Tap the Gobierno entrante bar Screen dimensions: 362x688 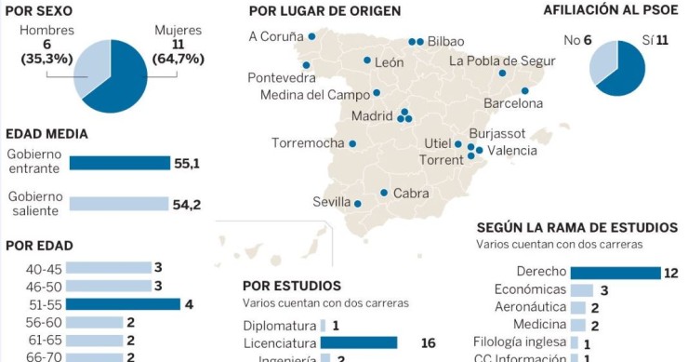(x=119, y=163)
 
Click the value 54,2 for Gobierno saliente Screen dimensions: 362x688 (x=187, y=204)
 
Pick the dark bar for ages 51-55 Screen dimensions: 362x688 (x=125, y=304)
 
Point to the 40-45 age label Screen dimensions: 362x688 (x=45, y=268)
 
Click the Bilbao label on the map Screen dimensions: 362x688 (x=445, y=42)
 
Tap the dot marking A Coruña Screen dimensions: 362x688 (x=312, y=37)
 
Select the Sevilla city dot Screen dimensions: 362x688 (x=358, y=203)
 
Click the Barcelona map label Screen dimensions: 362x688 (x=513, y=103)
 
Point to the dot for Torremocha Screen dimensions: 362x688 (x=352, y=144)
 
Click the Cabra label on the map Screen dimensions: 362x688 (x=411, y=194)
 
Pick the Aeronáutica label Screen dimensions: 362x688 (x=530, y=307)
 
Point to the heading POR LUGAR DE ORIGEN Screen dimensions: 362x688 (x=324, y=10)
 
